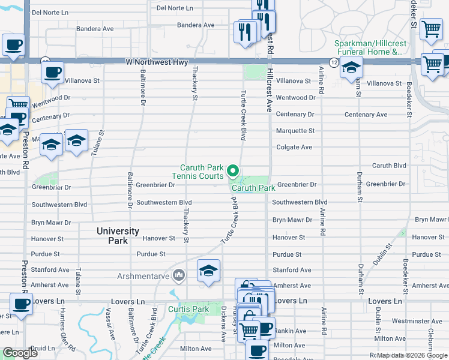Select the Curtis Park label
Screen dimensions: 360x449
(x=188, y=310)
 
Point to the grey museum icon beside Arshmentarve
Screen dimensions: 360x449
(x=178, y=276)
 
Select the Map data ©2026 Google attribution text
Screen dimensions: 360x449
(x=411, y=355)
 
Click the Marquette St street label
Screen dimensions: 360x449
(x=295, y=131)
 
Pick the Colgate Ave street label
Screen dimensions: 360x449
(x=294, y=147)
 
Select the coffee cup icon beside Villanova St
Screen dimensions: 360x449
(x=53, y=72)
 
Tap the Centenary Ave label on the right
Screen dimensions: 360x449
(x=366, y=115)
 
